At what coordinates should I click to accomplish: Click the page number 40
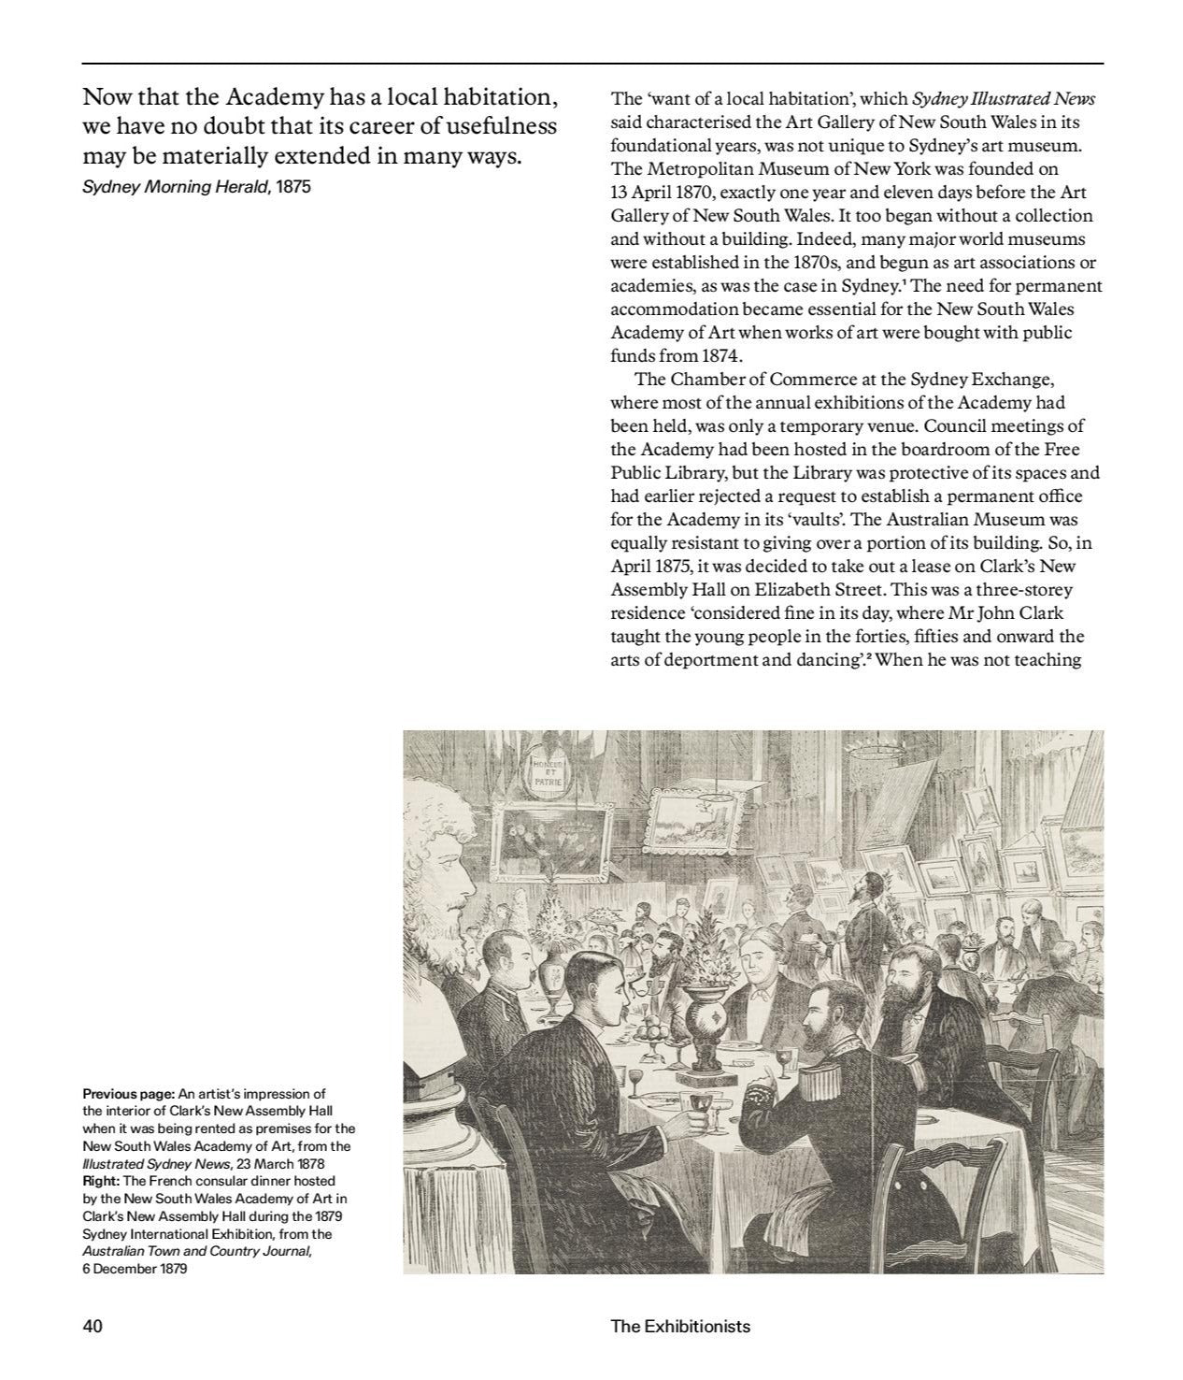(93, 1326)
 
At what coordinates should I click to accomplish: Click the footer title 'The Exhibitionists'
(679, 1326)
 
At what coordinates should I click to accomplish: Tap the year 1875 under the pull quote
(293, 186)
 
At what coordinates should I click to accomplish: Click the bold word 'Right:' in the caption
(101, 1181)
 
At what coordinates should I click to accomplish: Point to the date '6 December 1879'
(135, 1269)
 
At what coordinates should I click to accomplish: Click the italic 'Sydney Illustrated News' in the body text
(1004, 98)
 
